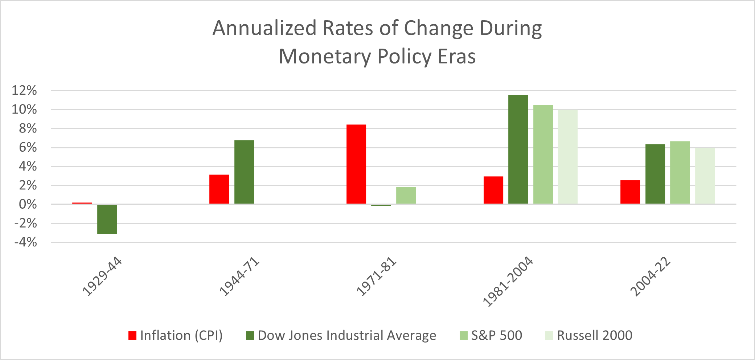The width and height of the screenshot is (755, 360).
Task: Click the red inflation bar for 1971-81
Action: pyautogui.click(x=356, y=164)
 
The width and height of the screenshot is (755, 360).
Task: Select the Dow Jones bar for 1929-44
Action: pyautogui.click(x=107, y=219)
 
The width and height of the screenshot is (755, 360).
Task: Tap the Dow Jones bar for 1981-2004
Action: pyautogui.click(x=518, y=149)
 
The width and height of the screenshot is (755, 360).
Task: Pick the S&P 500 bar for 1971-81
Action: pyautogui.click(x=406, y=195)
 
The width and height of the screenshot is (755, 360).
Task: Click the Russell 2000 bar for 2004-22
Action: pyautogui.click(x=705, y=176)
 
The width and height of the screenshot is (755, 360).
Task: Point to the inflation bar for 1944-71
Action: pyautogui.click(x=219, y=189)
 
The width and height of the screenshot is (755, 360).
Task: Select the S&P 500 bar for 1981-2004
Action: pyautogui.click(x=543, y=154)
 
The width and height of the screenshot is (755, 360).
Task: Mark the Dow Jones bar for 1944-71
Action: pyautogui.click(x=244, y=172)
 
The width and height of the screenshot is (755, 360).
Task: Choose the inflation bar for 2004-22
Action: pyautogui.click(x=630, y=192)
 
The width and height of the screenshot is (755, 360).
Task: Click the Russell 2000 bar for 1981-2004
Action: pyautogui.click(x=567, y=157)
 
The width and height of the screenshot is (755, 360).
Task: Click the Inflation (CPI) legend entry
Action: pyautogui.click(x=176, y=335)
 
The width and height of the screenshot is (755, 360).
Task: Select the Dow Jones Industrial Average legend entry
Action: pyautogui.click(x=341, y=335)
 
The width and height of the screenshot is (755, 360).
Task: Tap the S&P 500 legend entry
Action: pyautogui.click(x=491, y=335)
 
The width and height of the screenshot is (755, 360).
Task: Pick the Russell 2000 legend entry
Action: pyautogui.click(x=588, y=335)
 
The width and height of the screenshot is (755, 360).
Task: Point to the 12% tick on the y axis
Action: pyautogui.click(x=24, y=90)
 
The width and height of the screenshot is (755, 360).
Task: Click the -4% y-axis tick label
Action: pyautogui.click(x=25, y=242)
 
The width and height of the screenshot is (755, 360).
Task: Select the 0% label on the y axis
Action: pyautogui.click(x=28, y=204)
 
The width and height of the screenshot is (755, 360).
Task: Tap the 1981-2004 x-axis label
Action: pyautogui.click(x=508, y=282)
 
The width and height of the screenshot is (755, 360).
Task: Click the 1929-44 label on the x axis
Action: pyautogui.click(x=102, y=278)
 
